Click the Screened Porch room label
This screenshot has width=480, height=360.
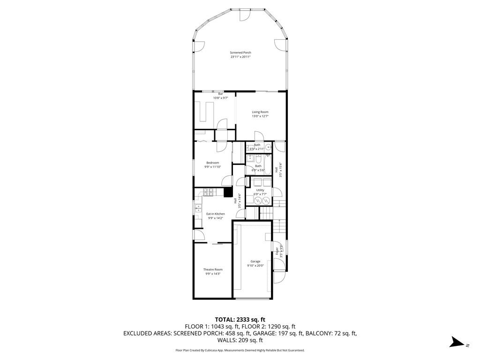click(x=240, y=52)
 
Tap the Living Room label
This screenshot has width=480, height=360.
click(x=260, y=112)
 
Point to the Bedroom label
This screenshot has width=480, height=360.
click(x=212, y=163)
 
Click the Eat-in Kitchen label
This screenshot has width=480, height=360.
click(x=216, y=214)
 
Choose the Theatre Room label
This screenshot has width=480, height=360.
click(x=212, y=270)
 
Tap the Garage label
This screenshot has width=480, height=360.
click(x=255, y=262)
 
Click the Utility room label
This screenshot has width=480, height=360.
click(x=260, y=190)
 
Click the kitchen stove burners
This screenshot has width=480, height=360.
click(x=208, y=192)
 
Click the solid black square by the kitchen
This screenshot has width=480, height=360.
click(x=228, y=192)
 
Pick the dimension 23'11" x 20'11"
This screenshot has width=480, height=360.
click(x=240, y=57)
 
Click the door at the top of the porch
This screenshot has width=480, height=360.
click(x=244, y=15)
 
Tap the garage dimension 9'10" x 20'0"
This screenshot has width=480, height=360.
click(x=255, y=266)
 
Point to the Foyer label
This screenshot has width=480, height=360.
click(x=277, y=254)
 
